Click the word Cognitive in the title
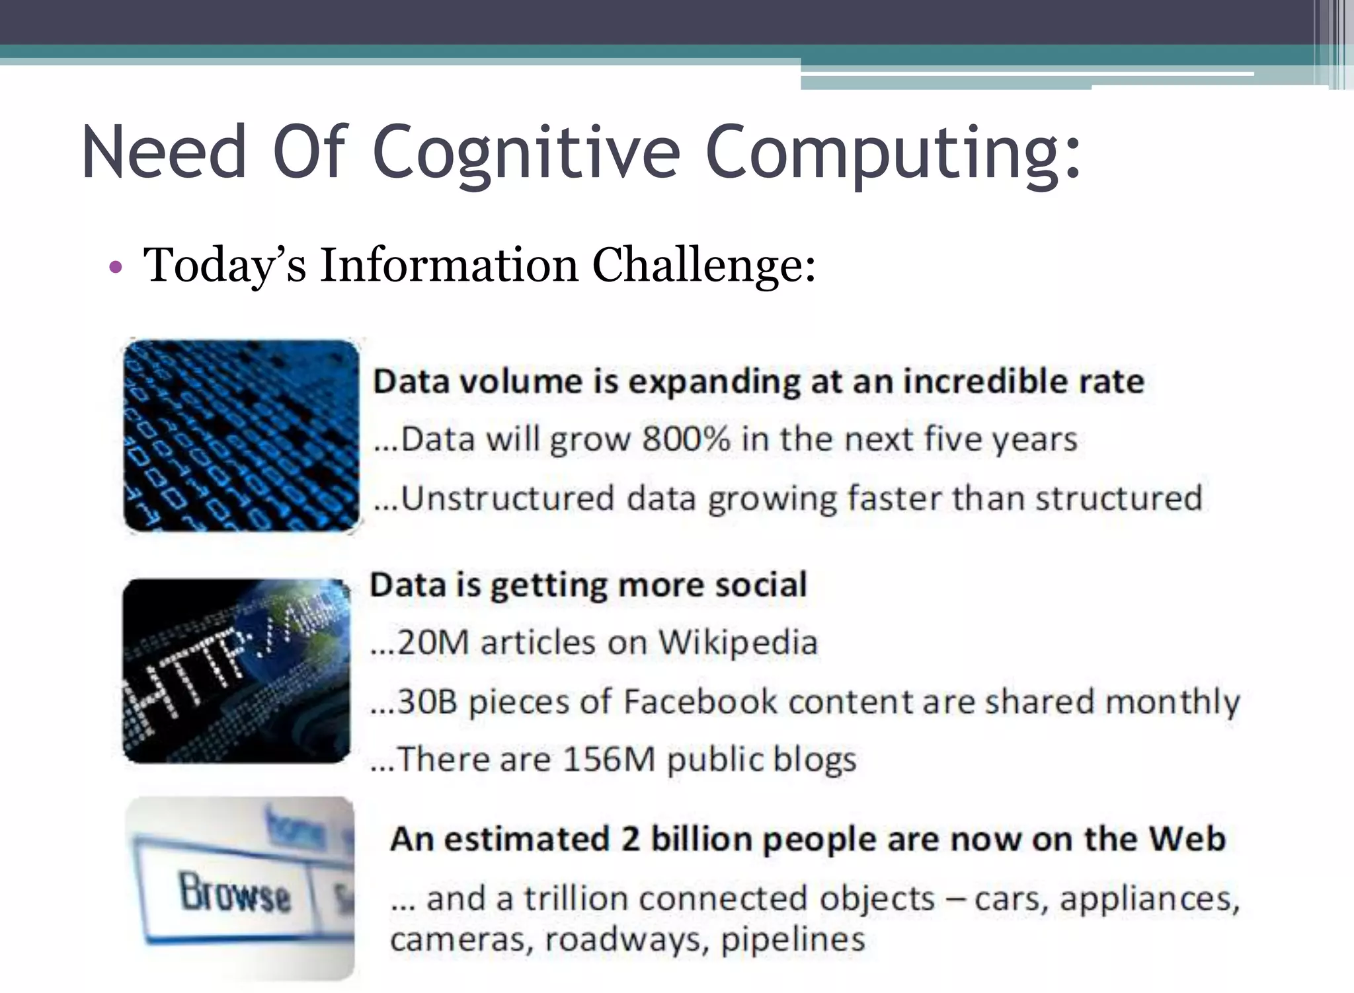(x=526, y=153)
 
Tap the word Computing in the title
(x=893, y=153)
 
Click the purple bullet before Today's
(x=116, y=268)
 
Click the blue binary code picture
(x=241, y=435)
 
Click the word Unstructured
(x=508, y=498)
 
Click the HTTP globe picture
(x=236, y=671)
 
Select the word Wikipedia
(x=738, y=642)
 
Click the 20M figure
(x=433, y=642)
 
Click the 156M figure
(x=609, y=760)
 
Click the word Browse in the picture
(x=235, y=893)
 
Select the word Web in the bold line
(x=1187, y=839)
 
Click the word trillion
(x=575, y=899)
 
